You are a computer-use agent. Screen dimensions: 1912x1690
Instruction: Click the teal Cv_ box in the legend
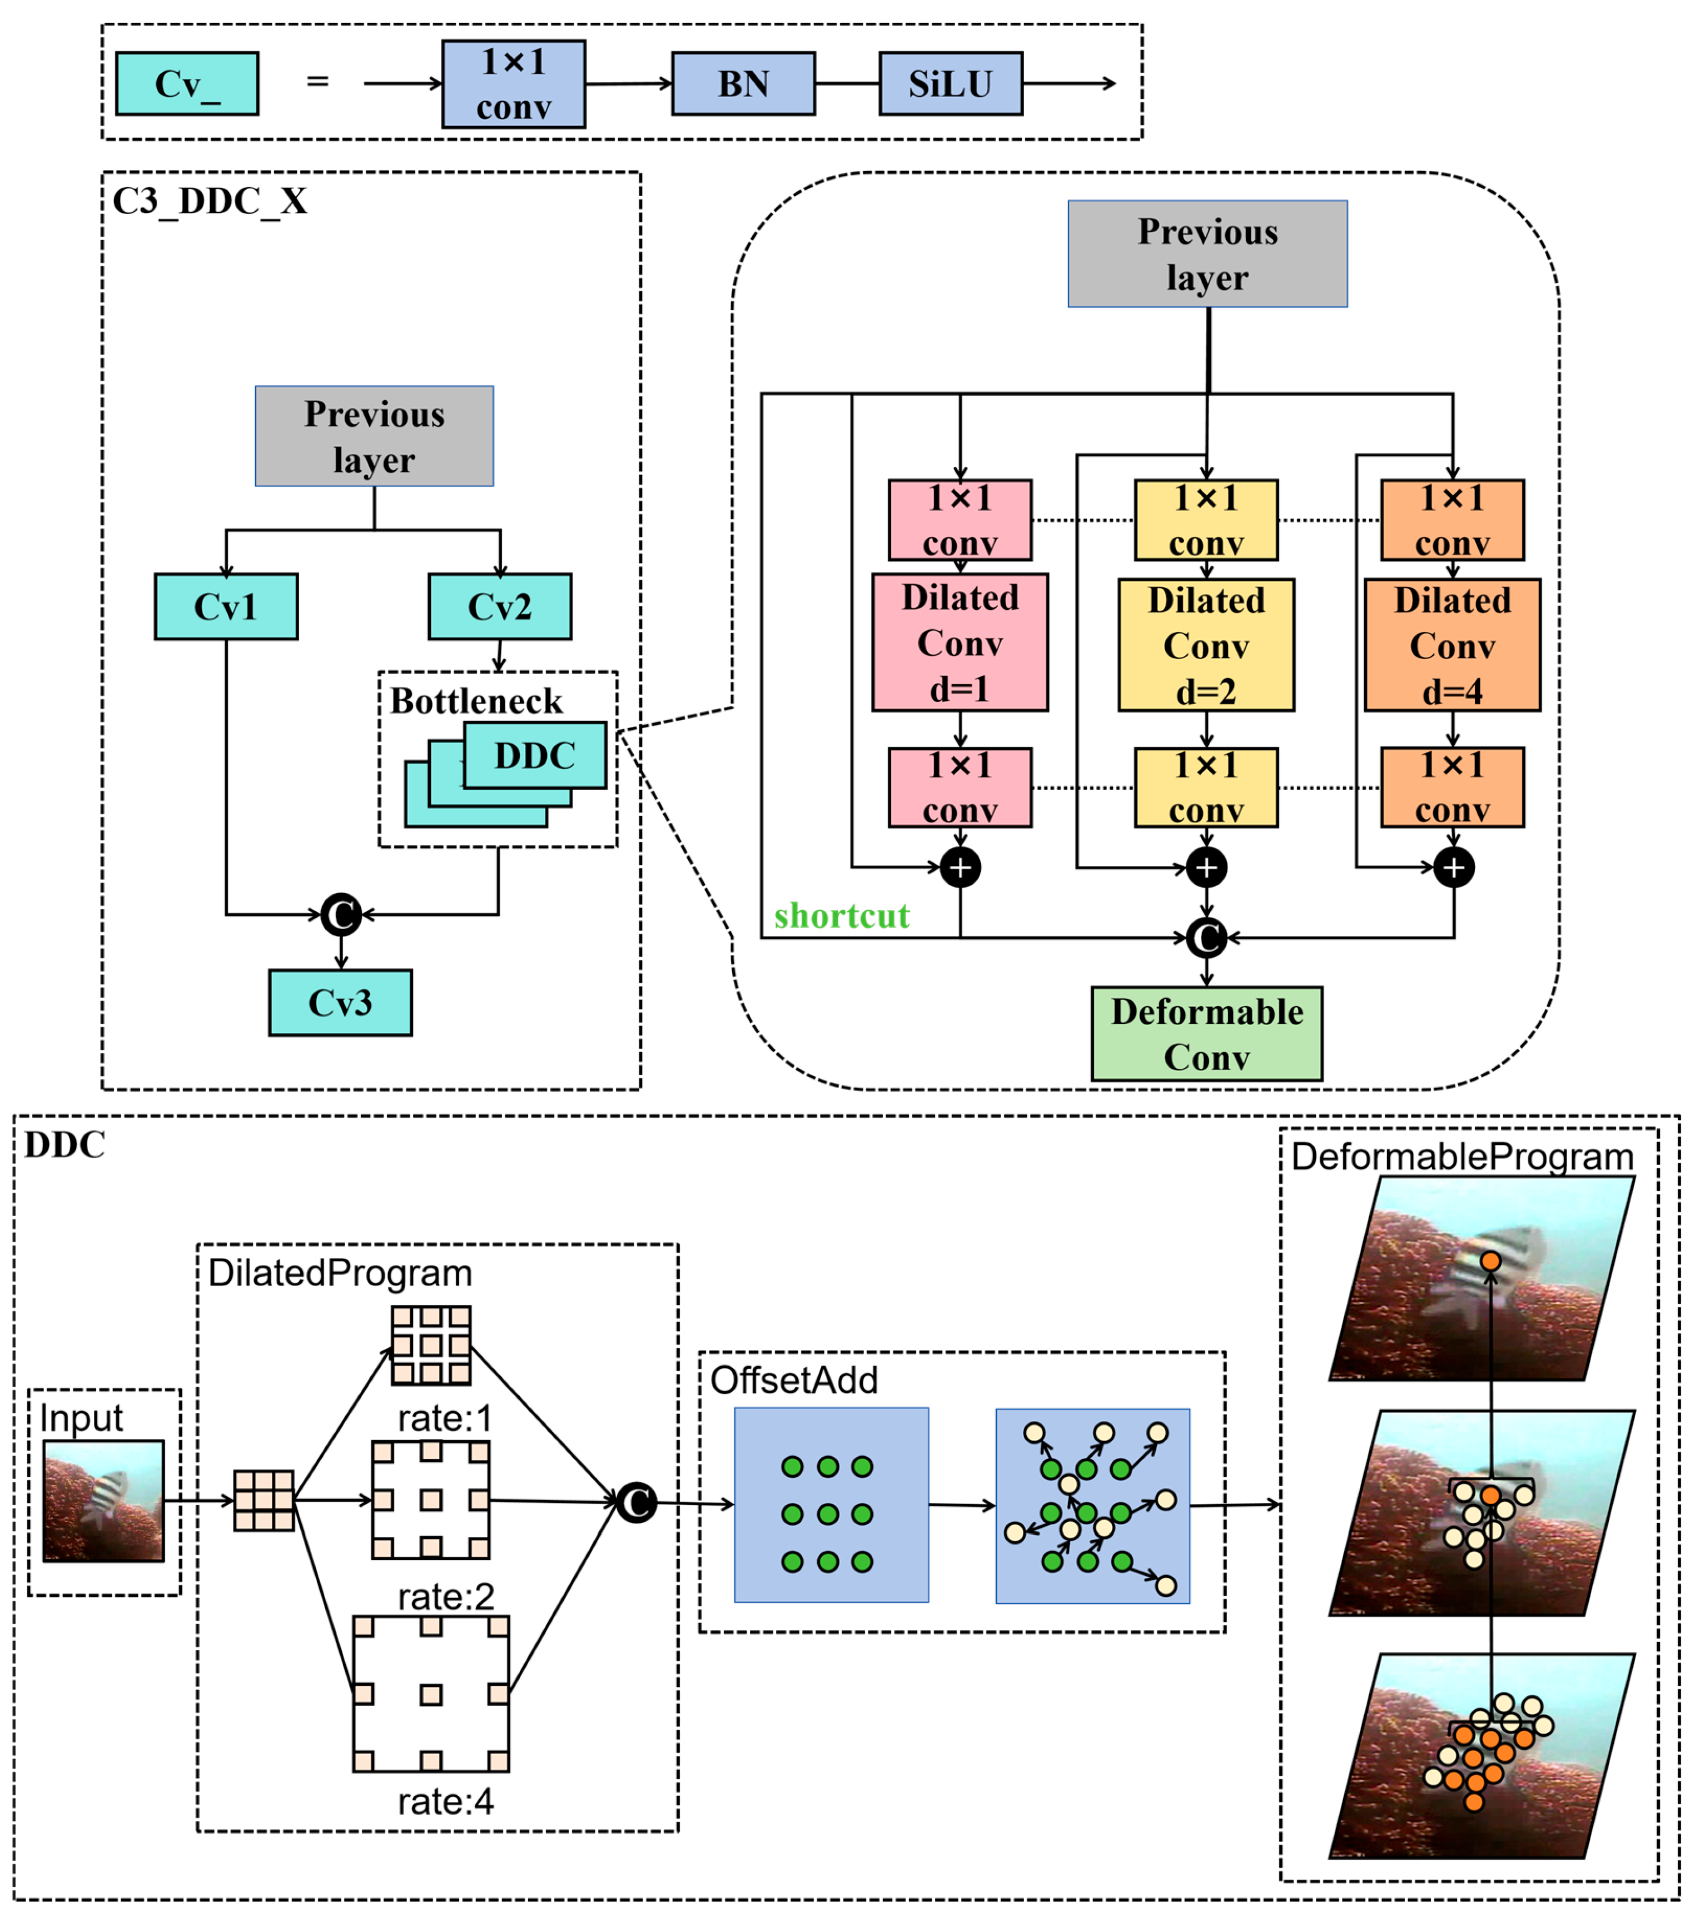[x=187, y=84]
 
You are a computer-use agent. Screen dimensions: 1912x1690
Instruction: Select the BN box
[x=743, y=84]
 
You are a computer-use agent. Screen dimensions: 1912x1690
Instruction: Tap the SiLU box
[x=950, y=84]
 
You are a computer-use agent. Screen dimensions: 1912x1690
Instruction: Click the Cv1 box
[x=226, y=607]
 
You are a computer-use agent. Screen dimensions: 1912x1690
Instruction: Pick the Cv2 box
[x=500, y=607]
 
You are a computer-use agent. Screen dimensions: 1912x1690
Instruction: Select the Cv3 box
[x=340, y=1003]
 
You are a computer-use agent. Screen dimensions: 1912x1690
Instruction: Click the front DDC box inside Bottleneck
[x=534, y=755]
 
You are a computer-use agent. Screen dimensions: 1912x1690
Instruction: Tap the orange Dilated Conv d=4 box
[x=1452, y=645]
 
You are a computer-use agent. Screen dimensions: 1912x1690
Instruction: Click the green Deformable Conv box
[x=1206, y=1034]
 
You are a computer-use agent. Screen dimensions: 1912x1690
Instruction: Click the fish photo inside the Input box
[x=103, y=1501]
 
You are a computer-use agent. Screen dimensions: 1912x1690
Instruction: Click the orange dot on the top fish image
[x=1490, y=1262]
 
